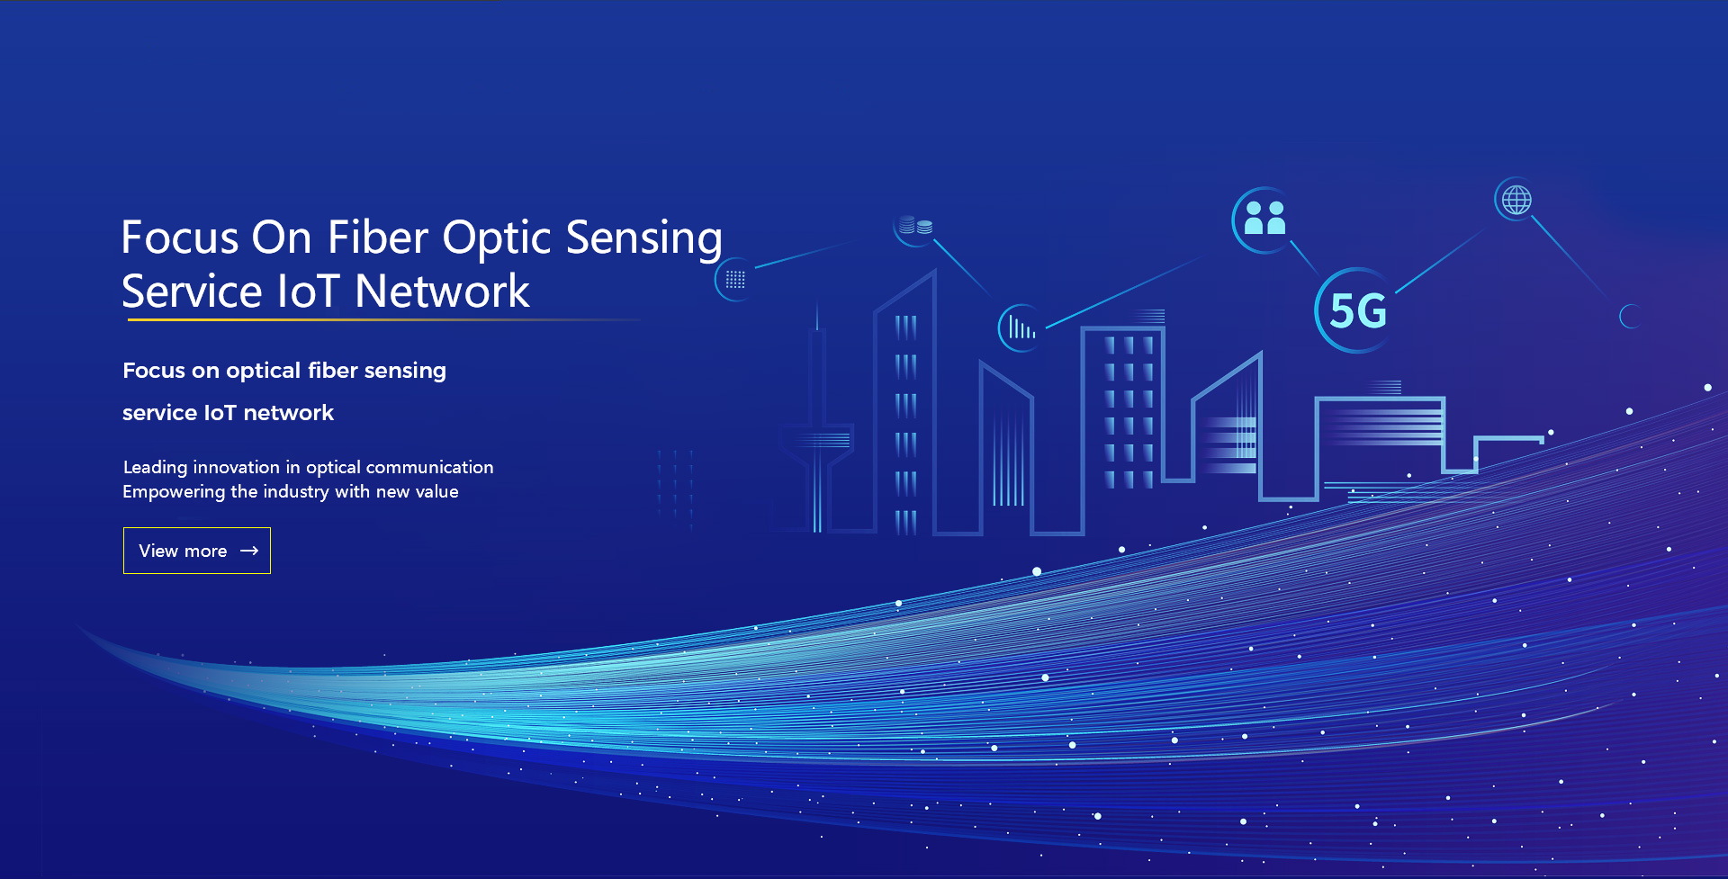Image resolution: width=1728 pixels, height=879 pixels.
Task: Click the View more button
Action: click(197, 551)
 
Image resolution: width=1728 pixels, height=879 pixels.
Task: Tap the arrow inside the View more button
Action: click(249, 551)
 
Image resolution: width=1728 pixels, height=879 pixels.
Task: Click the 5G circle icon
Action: click(1357, 310)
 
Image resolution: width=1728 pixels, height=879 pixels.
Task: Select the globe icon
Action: click(1516, 200)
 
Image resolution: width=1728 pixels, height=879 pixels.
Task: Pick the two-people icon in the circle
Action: click(1264, 220)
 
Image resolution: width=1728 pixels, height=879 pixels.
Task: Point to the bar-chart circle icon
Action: click(1021, 327)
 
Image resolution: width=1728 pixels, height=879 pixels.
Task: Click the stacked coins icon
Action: click(915, 226)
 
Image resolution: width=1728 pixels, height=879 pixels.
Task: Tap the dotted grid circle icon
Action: click(735, 280)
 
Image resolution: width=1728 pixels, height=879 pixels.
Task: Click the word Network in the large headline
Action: click(443, 292)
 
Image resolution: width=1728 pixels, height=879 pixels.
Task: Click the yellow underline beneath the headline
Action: click(382, 319)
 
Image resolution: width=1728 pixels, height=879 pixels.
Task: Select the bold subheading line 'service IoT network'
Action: click(228, 413)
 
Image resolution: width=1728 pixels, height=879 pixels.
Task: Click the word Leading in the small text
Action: click(156, 468)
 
